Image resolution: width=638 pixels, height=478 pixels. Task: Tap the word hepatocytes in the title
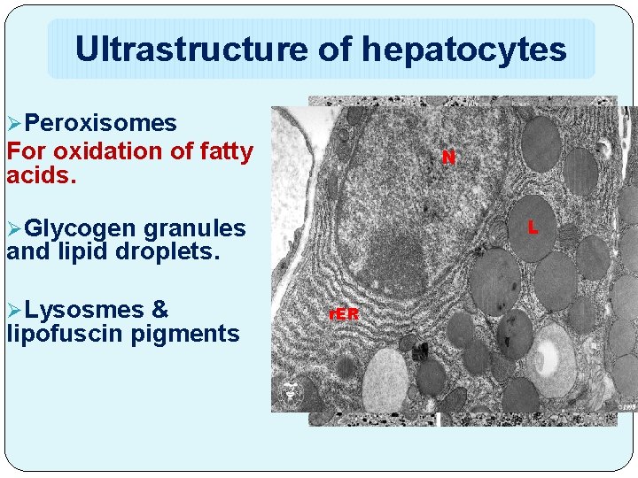tap(463, 50)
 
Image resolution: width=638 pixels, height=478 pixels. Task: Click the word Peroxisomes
tap(100, 122)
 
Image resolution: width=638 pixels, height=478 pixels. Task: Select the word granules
tap(194, 227)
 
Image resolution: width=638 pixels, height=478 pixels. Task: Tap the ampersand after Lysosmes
tap(159, 310)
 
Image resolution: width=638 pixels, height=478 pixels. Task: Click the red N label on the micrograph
tap(449, 158)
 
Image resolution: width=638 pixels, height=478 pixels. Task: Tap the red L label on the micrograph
tap(533, 227)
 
